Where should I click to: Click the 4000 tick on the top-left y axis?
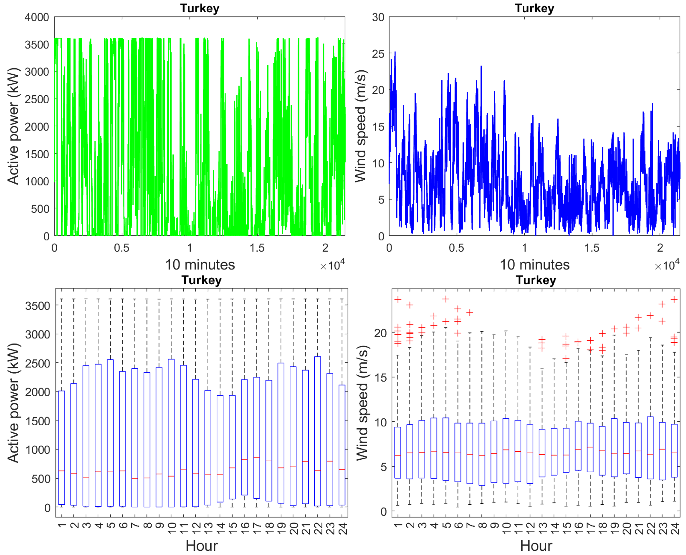[36, 17]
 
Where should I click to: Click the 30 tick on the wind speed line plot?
[378, 17]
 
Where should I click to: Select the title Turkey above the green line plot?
[199, 8]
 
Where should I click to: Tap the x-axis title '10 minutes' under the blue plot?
[535, 265]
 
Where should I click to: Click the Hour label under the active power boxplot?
[202, 546]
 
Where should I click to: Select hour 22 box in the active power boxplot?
[317, 432]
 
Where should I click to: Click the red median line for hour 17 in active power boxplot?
[256, 457]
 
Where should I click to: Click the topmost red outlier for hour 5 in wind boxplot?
[446, 299]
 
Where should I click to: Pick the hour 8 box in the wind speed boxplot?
[482, 454]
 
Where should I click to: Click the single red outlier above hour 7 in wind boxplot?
[470, 312]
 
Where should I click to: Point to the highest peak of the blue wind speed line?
[395, 52]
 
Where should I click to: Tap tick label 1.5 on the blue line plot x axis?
[592, 248]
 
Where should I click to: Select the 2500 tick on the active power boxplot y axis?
[38, 364]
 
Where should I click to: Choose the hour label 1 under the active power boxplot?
[62, 526]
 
